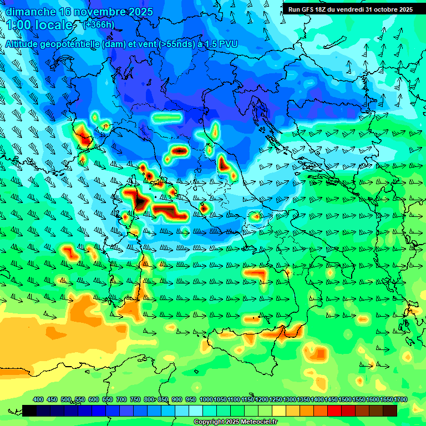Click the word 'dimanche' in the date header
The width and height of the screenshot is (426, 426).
(30, 12)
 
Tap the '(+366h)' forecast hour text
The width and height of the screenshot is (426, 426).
(99, 24)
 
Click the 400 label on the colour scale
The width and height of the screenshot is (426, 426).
(38, 400)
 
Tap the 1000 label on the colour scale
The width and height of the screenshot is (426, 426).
(206, 400)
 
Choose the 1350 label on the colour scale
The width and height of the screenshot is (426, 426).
(304, 400)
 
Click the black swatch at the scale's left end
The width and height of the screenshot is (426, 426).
(29, 410)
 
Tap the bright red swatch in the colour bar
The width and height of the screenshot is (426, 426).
(334, 410)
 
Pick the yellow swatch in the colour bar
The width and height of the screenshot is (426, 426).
(279, 410)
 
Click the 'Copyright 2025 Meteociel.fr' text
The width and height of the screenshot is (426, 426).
(235, 422)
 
